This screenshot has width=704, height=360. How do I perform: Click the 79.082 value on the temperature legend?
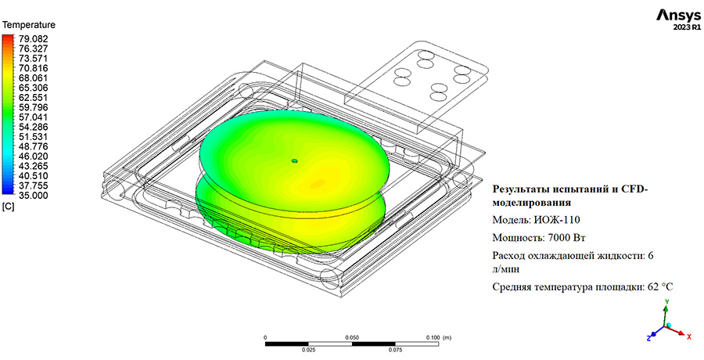[33, 38]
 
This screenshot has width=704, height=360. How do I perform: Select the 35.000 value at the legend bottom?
[33, 196]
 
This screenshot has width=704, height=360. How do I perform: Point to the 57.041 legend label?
[33, 117]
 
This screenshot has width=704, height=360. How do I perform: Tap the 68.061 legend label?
[33, 77]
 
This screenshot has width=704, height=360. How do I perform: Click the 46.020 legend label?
[33, 156]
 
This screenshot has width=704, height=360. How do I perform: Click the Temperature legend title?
[29, 25]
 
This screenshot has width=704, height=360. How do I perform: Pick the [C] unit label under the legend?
[8, 207]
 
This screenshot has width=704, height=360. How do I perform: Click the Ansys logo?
[678, 15]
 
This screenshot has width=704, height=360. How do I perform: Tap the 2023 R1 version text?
[687, 27]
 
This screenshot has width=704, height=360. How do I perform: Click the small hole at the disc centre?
[295, 160]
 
